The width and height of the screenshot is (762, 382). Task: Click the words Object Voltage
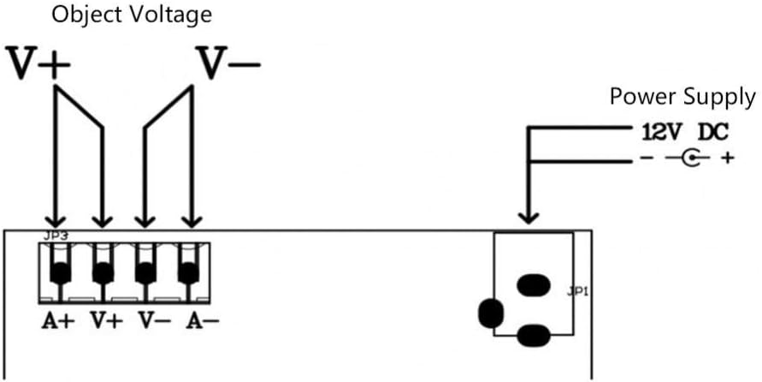coord(132,15)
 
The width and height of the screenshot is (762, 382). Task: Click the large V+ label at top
coord(38,63)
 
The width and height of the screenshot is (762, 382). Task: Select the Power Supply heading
coord(682,98)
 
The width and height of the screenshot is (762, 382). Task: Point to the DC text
coord(713,133)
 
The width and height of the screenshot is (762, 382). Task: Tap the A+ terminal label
coord(58,320)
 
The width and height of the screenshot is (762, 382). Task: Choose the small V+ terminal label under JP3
coord(106,320)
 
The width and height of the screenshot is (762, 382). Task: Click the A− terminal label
coord(202,320)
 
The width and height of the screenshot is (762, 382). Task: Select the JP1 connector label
coord(578,292)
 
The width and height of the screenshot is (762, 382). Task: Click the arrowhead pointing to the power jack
coord(529,217)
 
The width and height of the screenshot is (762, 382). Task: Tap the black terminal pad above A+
coord(60,273)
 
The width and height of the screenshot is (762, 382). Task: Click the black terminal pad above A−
coord(188,273)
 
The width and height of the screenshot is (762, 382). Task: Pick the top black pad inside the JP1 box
coord(533,285)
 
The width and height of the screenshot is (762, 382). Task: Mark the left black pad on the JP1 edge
coord(491,313)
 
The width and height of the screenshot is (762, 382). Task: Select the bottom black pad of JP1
coord(533,337)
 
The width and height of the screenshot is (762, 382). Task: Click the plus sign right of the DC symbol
coord(727,158)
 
